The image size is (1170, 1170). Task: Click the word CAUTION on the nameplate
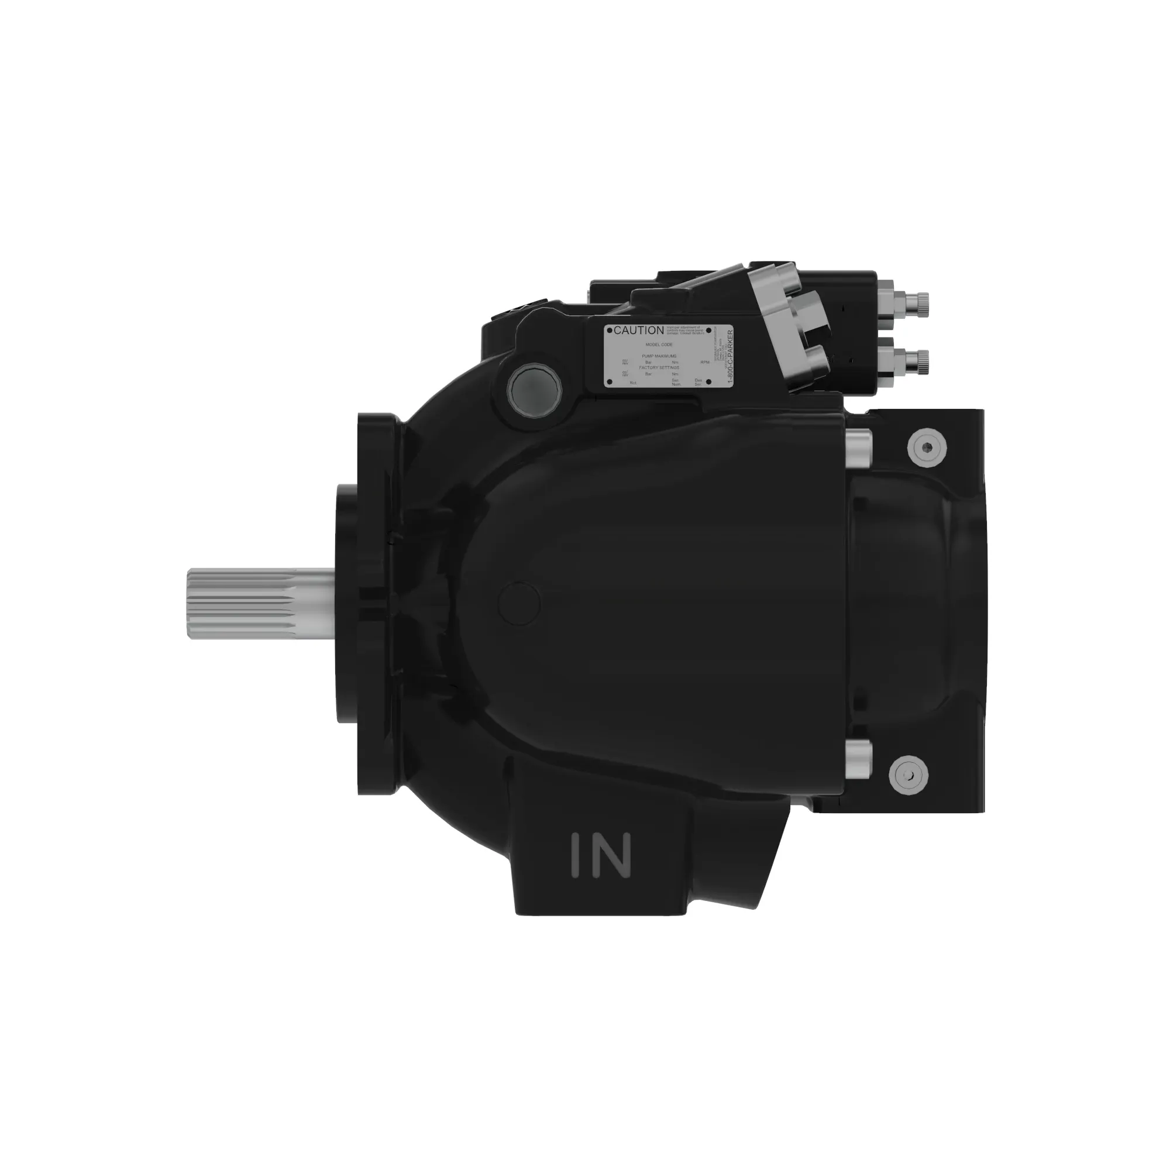click(x=638, y=331)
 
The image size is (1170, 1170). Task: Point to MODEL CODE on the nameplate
click(x=659, y=344)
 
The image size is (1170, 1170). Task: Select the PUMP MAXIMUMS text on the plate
click(x=659, y=356)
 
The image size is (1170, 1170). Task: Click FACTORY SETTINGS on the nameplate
click(x=659, y=367)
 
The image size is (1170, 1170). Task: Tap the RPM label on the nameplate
click(x=704, y=362)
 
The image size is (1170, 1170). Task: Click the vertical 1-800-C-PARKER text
click(x=729, y=357)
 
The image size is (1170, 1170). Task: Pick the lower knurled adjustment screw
click(x=920, y=361)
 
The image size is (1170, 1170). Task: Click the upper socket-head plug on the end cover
click(x=927, y=448)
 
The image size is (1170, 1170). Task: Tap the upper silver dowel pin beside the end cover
click(x=859, y=448)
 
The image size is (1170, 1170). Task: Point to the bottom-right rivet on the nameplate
click(x=708, y=382)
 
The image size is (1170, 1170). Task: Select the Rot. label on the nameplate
click(x=633, y=383)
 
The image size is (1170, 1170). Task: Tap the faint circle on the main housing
click(x=519, y=603)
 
